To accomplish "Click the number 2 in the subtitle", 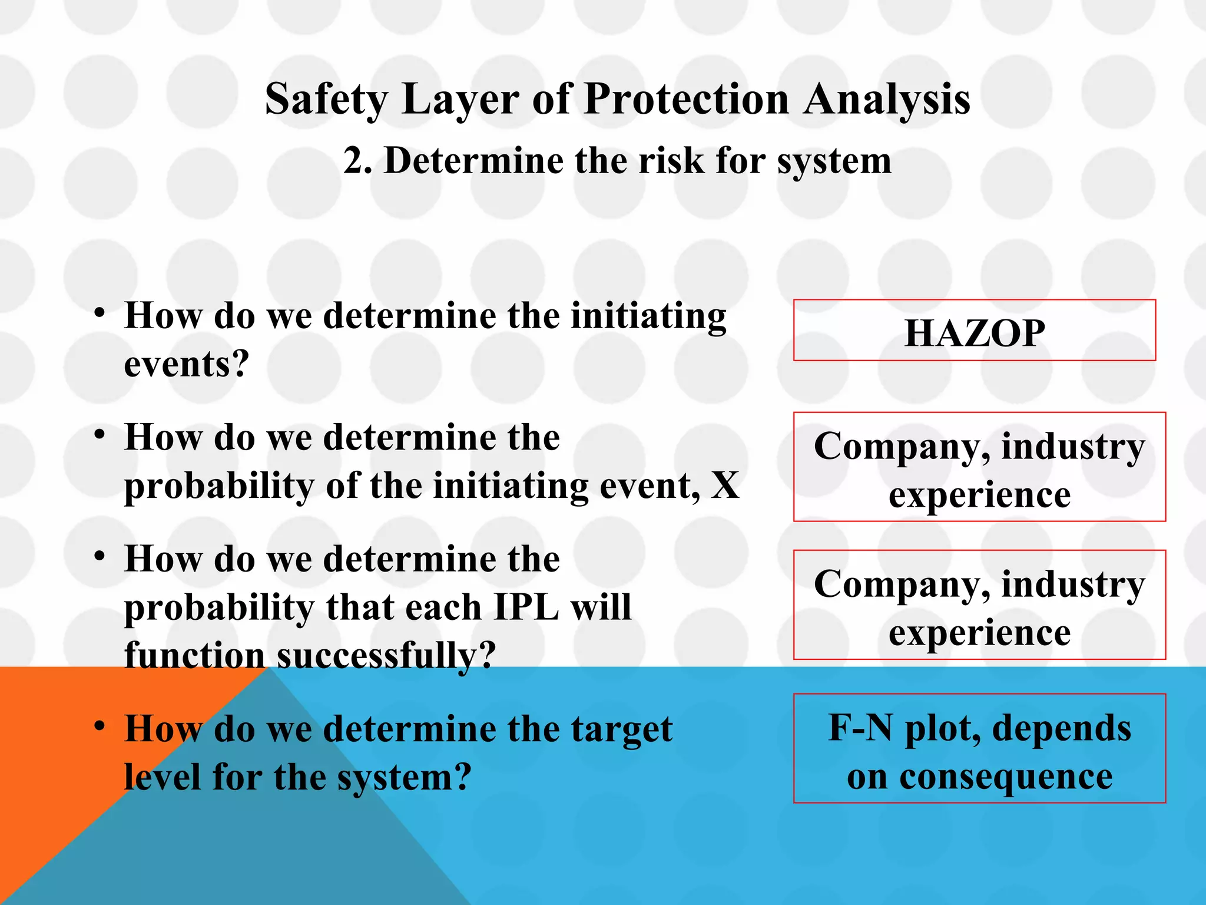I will click(353, 161).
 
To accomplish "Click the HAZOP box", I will click(975, 332).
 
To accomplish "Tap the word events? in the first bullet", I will click(187, 364).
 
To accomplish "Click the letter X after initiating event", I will click(725, 486).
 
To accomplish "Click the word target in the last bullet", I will click(628, 729).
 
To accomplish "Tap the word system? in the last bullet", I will click(405, 777).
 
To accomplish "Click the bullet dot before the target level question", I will click(100, 726).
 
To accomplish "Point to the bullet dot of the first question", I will click(100, 312).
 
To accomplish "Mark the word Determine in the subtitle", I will click(473, 161).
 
